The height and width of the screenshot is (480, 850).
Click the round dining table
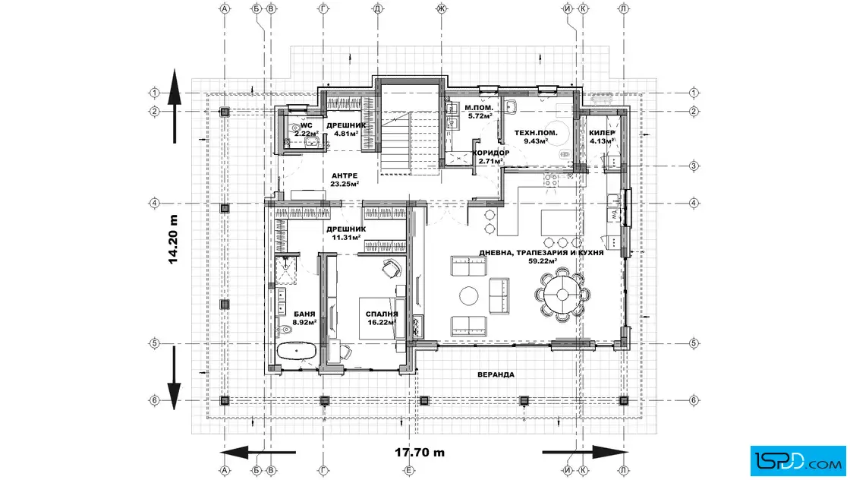point(562,295)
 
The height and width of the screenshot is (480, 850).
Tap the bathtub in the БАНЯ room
point(297,350)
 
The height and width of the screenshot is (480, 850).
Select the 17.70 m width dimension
point(420,452)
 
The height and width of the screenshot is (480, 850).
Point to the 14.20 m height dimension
point(174,239)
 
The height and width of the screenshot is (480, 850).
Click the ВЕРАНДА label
point(496,374)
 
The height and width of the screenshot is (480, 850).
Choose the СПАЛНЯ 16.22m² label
point(382,317)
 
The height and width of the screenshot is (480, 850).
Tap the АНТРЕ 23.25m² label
point(345,179)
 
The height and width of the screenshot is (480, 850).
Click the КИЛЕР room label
point(602,133)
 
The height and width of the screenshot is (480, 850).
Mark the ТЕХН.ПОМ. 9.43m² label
point(536,137)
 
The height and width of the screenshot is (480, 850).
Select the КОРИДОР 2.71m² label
point(490,156)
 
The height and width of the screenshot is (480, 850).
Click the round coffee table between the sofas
point(469,295)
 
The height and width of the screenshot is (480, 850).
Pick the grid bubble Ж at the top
point(441,8)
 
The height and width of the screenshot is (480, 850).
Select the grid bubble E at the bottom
point(410,471)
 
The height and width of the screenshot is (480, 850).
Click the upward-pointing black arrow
point(174,106)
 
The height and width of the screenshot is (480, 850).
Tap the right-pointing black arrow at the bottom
point(585,452)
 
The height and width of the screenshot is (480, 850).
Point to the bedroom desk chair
point(392,267)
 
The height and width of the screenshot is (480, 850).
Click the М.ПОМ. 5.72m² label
point(479,112)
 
